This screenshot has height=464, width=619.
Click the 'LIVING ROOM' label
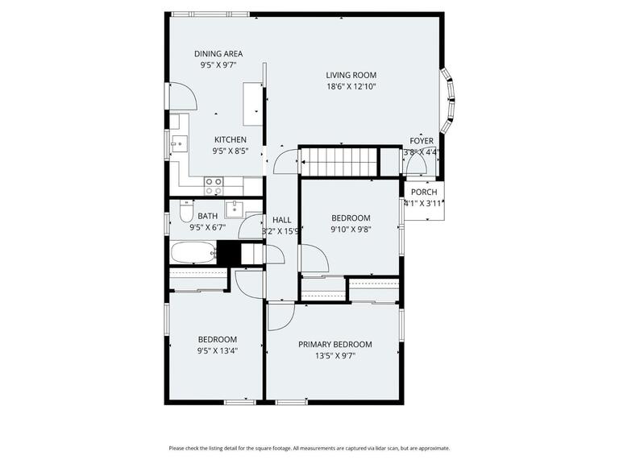tap(351, 75)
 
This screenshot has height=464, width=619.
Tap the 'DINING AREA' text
tap(218, 54)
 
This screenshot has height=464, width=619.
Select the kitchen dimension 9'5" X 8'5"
tap(230, 150)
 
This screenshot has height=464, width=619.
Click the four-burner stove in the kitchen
tap(214, 186)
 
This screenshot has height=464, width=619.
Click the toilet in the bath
tap(185, 214)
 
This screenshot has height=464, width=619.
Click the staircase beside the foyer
tap(339, 161)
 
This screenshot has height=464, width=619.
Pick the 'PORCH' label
tap(424, 192)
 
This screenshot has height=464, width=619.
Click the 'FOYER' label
tap(422, 141)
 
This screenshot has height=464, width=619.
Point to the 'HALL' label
tap(281, 220)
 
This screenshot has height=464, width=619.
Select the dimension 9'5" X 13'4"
tap(218, 350)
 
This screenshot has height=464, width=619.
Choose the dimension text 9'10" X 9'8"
tap(351, 229)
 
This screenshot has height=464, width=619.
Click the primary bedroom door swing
tap(280, 316)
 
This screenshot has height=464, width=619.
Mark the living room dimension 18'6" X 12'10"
tap(351, 86)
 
